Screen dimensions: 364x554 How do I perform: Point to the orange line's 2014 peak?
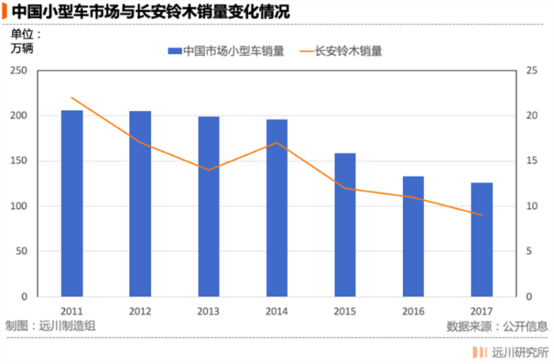[276, 143]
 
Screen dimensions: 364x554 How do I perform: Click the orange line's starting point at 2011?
[72, 98]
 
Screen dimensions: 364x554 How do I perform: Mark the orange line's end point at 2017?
[481, 215]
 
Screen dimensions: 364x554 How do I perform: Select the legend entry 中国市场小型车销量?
[226, 51]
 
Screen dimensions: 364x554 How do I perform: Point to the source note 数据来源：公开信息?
[496, 325]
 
